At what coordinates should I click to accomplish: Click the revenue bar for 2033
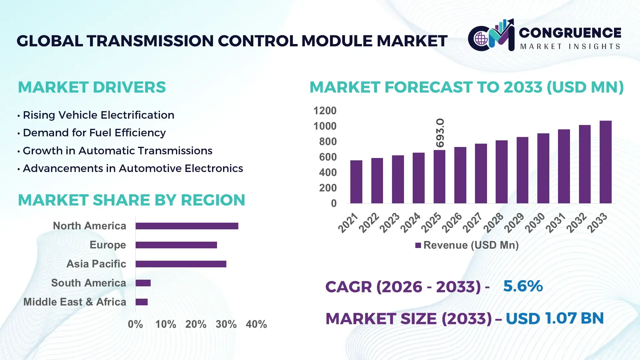(x=605, y=162)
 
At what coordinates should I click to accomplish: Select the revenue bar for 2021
(x=356, y=182)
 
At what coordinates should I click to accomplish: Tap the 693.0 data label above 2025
(x=440, y=133)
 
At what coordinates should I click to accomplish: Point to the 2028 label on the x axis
(x=493, y=223)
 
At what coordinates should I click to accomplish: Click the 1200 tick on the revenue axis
(x=325, y=111)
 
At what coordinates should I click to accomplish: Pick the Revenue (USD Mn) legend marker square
(x=418, y=245)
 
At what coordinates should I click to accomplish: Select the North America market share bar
(x=187, y=226)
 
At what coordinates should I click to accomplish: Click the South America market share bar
(x=143, y=283)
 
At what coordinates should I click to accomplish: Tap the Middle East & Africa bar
(x=141, y=302)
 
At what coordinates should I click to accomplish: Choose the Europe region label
(x=108, y=245)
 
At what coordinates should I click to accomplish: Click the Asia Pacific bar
(x=181, y=264)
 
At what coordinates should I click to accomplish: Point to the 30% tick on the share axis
(x=226, y=324)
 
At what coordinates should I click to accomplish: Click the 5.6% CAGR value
(x=523, y=286)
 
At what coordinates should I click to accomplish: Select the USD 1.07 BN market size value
(x=554, y=318)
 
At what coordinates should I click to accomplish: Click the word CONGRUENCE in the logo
(x=570, y=33)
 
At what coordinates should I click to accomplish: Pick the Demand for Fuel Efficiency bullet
(x=94, y=133)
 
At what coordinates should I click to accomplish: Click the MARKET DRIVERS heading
(x=92, y=87)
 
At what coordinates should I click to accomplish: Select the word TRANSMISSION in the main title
(x=150, y=41)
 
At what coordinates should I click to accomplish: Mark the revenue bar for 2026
(x=460, y=175)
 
